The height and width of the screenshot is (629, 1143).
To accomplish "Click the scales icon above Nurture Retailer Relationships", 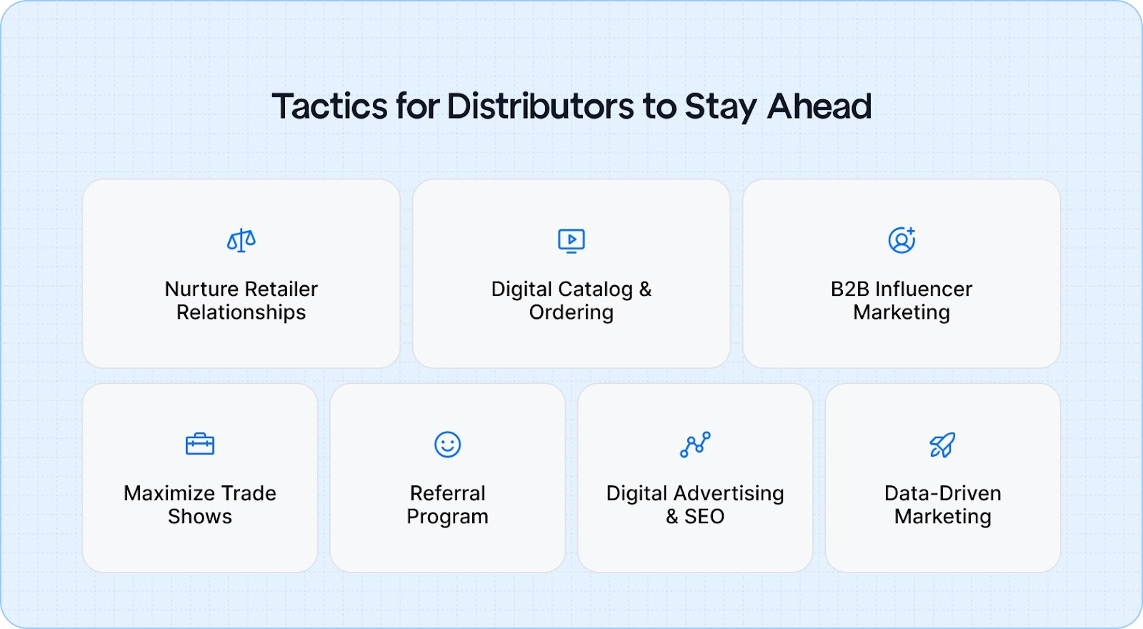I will (x=241, y=240).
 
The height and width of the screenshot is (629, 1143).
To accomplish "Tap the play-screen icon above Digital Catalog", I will (x=571, y=240).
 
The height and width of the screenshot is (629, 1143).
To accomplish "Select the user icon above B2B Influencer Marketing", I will (x=902, y=240).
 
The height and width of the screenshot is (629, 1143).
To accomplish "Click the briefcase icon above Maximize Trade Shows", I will (x=200, y=444).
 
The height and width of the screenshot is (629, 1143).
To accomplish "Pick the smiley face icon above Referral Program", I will (x=448, y=444).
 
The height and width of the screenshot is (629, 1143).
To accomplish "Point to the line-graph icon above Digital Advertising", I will (x=695, y=444).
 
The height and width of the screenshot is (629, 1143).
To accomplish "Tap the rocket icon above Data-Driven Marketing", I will (x=942, y=445).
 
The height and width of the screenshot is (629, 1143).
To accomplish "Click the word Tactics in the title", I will (x=329, y=107).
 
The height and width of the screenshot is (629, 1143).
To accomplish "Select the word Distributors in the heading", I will (x=540, y=107).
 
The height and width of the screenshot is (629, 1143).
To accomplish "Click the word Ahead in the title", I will (x=819, y=107).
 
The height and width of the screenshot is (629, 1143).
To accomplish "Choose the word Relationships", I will (x=241, y=312).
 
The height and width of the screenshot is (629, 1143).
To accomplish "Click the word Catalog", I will (x=597, y=289).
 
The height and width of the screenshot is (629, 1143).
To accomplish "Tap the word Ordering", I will (x=571, y=312).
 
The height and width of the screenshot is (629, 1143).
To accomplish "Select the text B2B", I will (x=849, y=289).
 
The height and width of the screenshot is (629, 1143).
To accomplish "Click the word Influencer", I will (x=924, y=289).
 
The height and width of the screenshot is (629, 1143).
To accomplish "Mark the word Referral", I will (x=448, y=493).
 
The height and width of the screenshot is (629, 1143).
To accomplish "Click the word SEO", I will (x=704, y=516).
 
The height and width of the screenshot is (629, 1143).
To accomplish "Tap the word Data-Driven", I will (x=943, y=493).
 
